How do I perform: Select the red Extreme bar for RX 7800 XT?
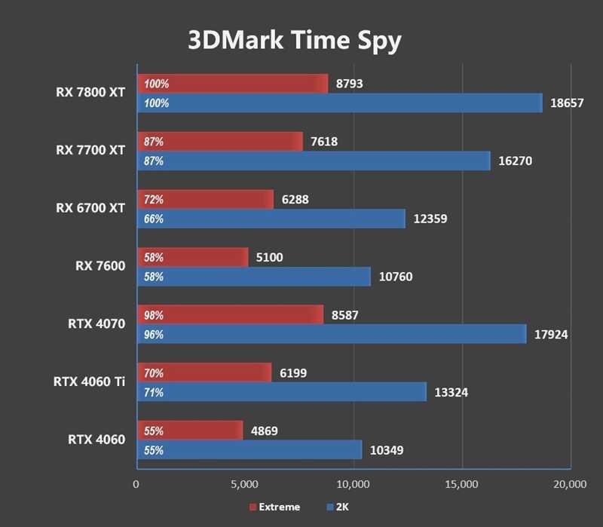coord(232,84)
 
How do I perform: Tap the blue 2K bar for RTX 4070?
coord(331,334)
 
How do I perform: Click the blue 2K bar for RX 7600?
coord(253,277)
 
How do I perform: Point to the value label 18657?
coord(567,103)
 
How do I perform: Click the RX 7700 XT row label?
coord(90,150)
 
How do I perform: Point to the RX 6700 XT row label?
coord(90,208)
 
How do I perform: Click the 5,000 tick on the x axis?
coord(244,483)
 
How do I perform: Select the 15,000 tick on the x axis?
coord(461,483)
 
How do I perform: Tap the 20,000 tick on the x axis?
coord(569,483)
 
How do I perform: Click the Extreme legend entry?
coord(274,507)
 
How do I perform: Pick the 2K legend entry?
coord(340,507)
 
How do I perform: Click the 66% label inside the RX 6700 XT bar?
coord(154,219)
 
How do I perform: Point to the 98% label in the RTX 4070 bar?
coord(154,315)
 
